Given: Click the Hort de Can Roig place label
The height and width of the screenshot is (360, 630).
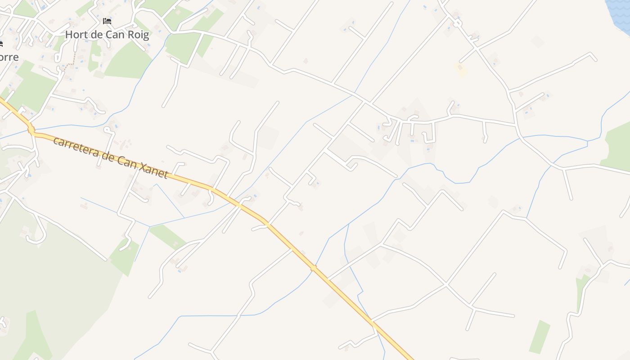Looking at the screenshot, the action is click(x=107, y=35).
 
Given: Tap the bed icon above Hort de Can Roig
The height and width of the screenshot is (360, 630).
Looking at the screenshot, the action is click(x=107, y=21).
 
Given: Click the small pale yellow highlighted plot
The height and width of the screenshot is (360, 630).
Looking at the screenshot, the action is click(x=461, y=69).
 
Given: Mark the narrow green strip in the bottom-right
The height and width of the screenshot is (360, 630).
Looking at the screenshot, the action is click(x=540, y=337).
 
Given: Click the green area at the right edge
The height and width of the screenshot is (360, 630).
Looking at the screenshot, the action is click(x=617, y=146).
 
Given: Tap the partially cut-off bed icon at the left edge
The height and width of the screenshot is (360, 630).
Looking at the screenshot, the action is click(x=1, y=44).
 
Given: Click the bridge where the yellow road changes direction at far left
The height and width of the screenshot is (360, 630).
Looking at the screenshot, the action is click(x=31, y=130).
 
